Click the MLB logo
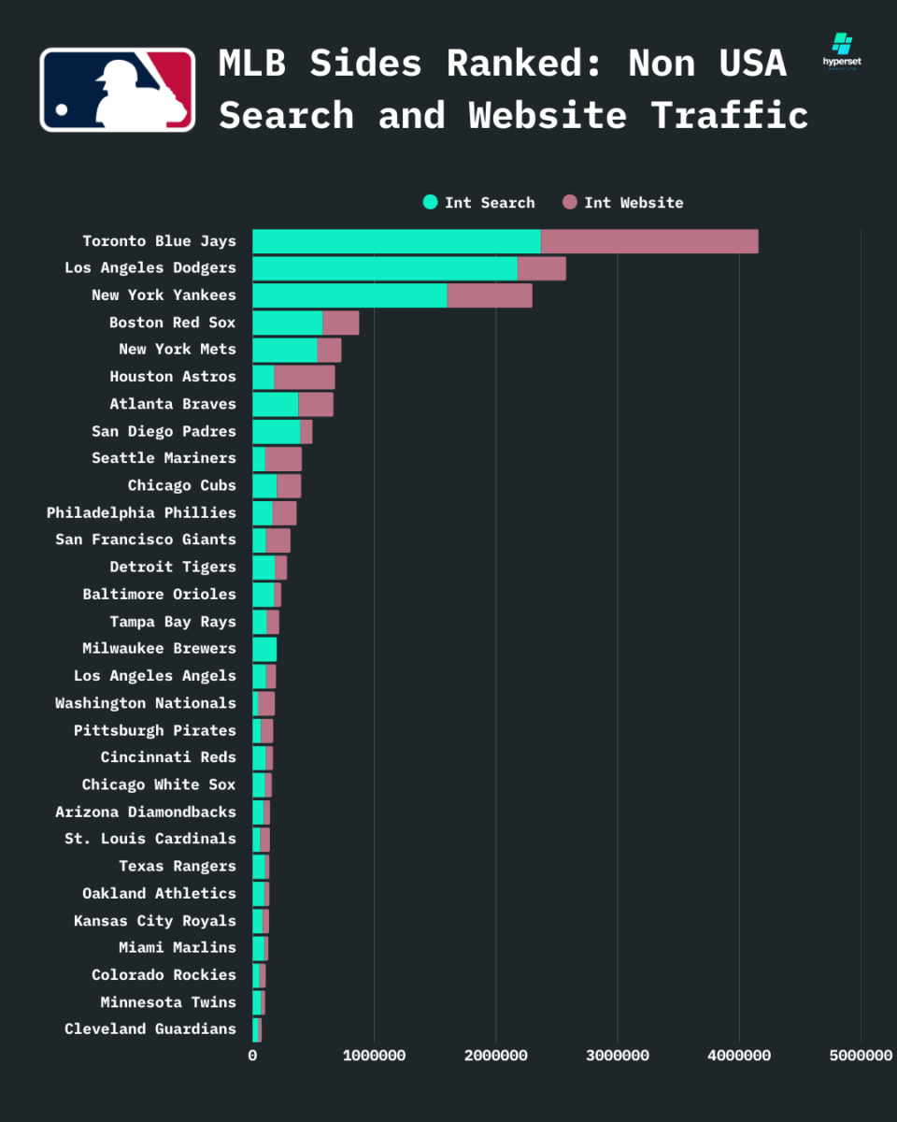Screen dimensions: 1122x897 [x=118, y=90]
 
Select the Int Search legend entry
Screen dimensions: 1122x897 [x=479, y=203]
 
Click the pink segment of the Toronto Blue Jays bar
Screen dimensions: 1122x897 [x=649, y=241]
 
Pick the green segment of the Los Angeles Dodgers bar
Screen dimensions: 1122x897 [x=384, y=268]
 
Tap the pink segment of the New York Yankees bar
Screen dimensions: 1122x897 [x=490, y=295]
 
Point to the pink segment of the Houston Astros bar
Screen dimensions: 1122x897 [x=305, y=377]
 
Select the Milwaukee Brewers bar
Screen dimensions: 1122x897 [x=264, y=649]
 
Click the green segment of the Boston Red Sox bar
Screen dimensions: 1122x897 [x=287, y=323]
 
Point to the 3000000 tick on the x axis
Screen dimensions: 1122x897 [x=618, y=1056]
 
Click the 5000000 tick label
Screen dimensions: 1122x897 [x=861, y=1056]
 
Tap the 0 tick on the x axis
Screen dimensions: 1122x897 [x=252, y=1056]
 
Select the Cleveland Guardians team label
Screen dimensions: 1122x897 [x=150, y=1029]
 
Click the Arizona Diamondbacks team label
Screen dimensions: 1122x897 [x=146, y=812]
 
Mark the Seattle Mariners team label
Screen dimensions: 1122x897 [x=164, y=458]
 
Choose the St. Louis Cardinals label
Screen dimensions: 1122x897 [x=150, y=839]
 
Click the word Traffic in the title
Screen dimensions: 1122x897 [x=730, y=116]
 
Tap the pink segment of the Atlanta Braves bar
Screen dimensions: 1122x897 [x=316, y=404]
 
